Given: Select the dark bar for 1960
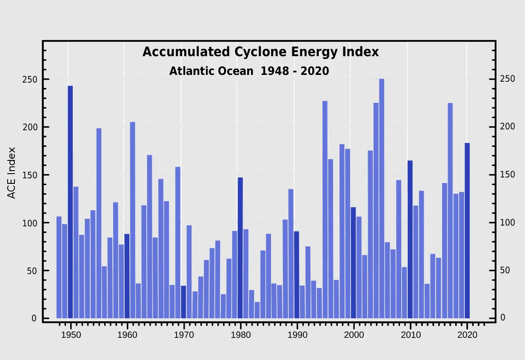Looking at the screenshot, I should coord(127,276).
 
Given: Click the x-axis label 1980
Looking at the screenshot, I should coord(240,334).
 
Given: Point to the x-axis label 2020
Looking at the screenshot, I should coord(467,334).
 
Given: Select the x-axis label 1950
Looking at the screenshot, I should coord(71,334).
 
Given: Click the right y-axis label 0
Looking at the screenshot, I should coord(491,318).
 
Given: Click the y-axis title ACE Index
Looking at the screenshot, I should coord(11,172).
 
